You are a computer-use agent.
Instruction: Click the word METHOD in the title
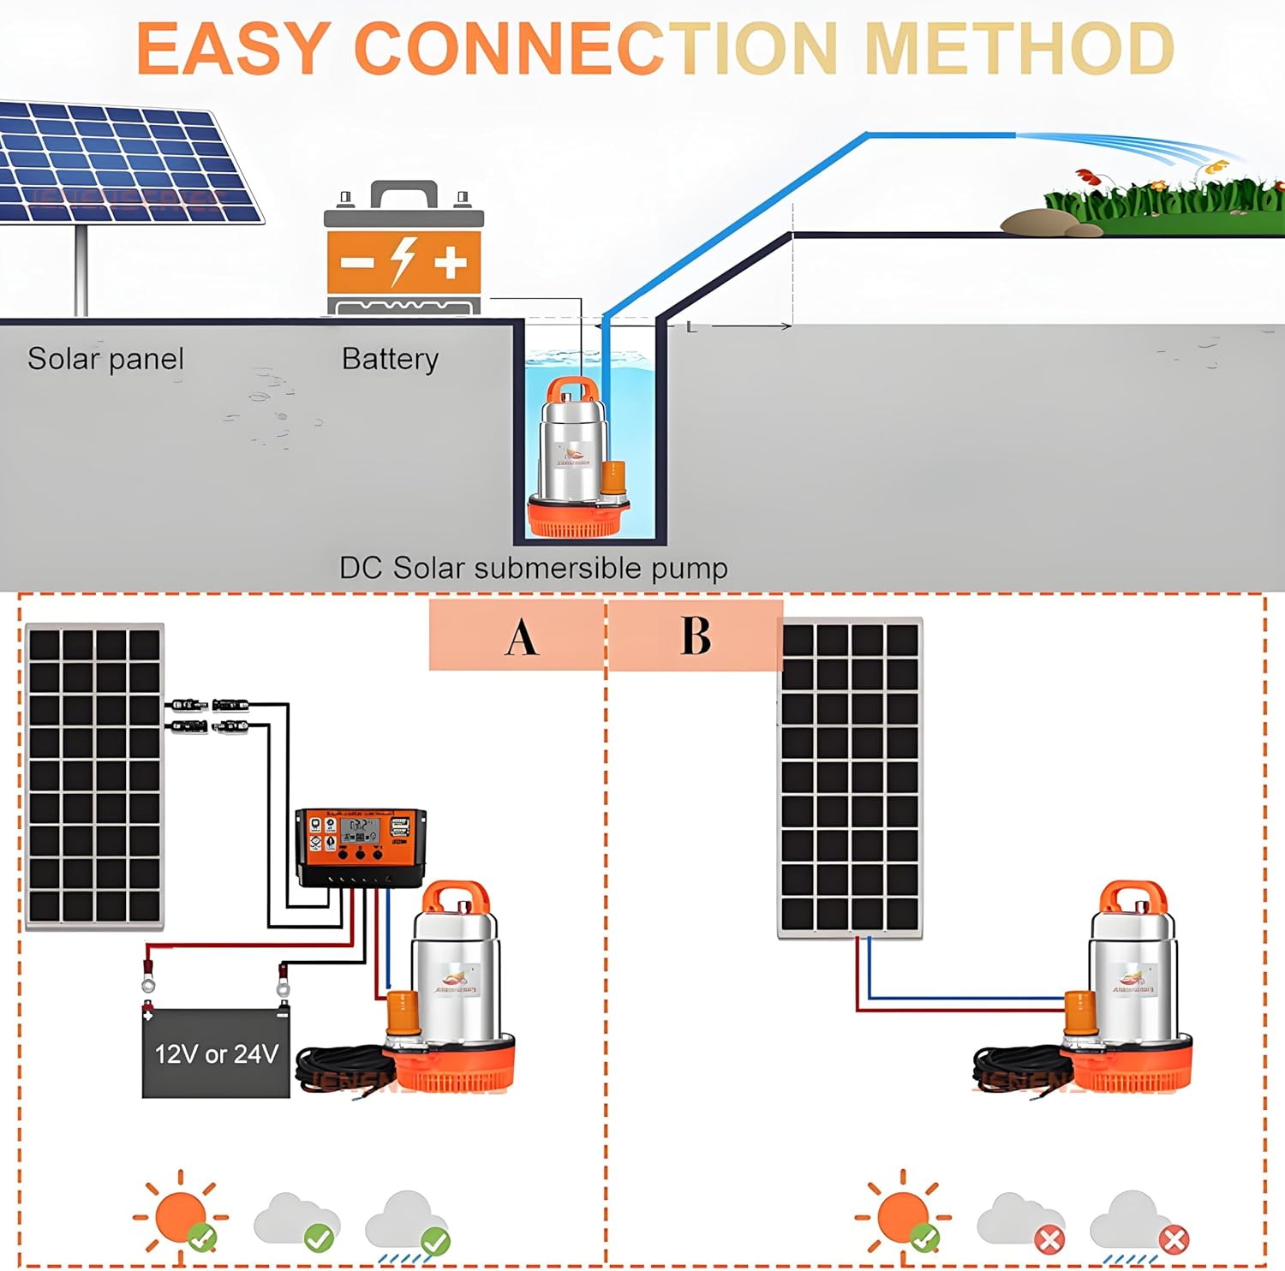pos(1019,48)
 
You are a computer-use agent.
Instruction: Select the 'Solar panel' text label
pos(105,359)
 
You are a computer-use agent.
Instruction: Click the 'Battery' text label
pos(390,359)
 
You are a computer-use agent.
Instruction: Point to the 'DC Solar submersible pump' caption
pos(533,568)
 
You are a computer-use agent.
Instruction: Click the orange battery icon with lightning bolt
pos(403,248)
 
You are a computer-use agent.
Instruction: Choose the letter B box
pos(696,635)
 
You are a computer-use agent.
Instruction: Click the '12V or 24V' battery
pos(216,1053)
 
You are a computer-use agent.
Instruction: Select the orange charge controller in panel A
pos(361,846)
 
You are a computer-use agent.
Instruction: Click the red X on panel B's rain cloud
pos(1174,1239)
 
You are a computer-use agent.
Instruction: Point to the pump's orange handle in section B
pos(1133,898)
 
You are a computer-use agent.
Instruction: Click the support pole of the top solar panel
pos(81,270)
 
